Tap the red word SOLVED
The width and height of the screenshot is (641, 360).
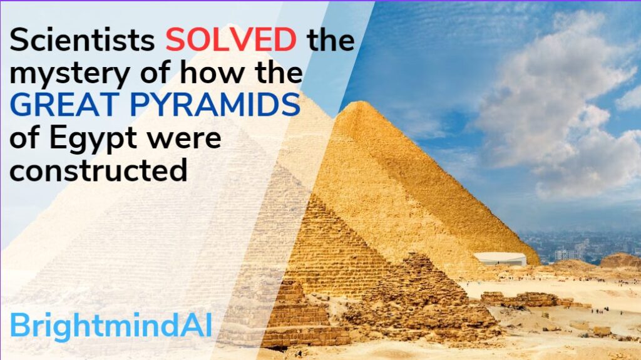click(x=231, y=41)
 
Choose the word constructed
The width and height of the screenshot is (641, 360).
click(x=99, y=170)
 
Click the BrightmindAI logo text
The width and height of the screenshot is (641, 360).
click(x=111, y=327)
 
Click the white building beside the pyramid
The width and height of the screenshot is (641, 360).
click(x=500, y=259)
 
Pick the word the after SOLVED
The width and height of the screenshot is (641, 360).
click(x=331, y=41)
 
